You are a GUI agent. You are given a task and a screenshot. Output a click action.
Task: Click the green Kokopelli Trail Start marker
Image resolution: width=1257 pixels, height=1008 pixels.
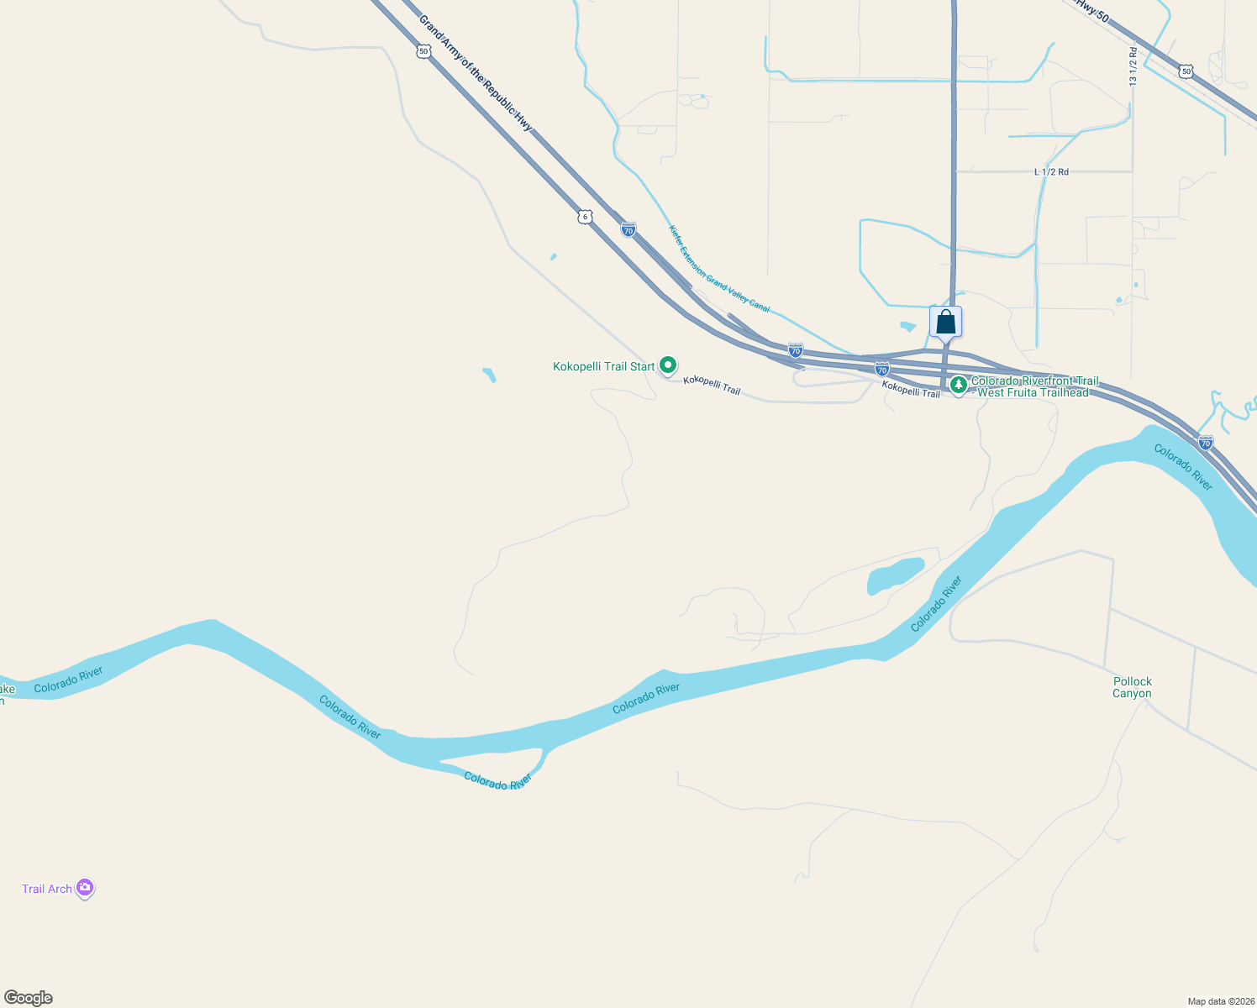(668, 365)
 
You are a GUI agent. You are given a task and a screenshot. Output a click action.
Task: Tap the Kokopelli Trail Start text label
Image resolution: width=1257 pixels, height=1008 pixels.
(603, 367)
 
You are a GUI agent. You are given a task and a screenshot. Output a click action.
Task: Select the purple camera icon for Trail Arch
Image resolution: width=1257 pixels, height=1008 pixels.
(84, 887)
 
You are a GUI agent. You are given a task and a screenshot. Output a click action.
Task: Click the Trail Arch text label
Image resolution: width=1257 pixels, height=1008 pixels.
(47, 889)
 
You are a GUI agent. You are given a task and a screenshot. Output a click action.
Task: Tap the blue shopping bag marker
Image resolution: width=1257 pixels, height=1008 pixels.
(945, 322)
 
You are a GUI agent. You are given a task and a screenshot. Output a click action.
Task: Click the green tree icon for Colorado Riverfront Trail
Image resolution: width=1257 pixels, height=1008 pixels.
(958, 385)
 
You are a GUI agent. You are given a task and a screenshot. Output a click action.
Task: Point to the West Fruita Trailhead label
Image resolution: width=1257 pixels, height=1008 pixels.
(1033, 392)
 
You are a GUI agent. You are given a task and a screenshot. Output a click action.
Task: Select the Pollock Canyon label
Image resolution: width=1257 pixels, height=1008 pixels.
(1132, 687)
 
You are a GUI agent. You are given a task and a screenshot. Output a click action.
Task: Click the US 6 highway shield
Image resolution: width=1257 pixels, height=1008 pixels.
(585, 217)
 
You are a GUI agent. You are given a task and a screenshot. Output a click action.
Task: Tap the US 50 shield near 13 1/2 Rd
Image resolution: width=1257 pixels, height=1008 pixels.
(1186, 71)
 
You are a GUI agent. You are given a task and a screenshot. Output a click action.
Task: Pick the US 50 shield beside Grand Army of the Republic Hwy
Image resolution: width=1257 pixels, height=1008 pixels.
(423, 51)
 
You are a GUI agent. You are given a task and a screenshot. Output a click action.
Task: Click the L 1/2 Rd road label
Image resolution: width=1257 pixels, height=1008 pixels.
(1051, 172)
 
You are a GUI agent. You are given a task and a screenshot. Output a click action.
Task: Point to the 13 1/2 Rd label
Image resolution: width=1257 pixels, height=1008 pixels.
(1133, 66)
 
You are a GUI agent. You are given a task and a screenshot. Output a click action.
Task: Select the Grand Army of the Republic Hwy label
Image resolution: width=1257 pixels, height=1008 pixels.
(476, 73)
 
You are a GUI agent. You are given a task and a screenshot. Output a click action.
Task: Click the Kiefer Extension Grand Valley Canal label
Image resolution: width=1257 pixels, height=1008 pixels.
(718, 269)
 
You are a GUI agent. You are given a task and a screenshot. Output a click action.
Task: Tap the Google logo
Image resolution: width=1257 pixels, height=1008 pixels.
(29, 998)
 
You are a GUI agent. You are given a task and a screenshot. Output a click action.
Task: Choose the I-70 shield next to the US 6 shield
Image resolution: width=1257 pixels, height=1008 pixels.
(628, 229)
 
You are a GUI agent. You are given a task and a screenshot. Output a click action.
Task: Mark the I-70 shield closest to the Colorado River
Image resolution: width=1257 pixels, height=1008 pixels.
(1206, 443)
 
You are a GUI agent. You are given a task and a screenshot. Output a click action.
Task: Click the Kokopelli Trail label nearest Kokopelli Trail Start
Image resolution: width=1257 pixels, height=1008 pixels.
(712, 385)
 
